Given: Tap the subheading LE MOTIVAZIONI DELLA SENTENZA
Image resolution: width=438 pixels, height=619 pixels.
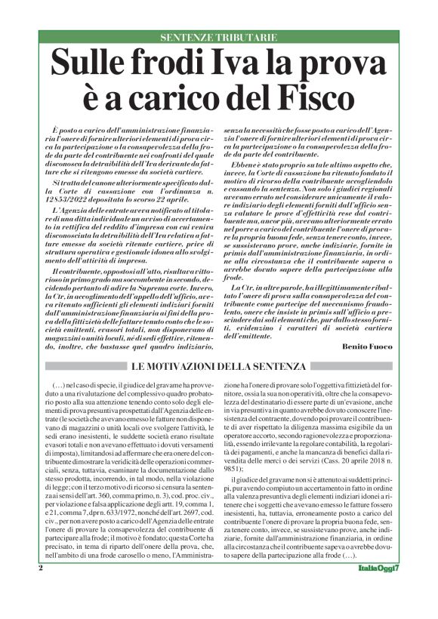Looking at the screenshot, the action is pos(220,366).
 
